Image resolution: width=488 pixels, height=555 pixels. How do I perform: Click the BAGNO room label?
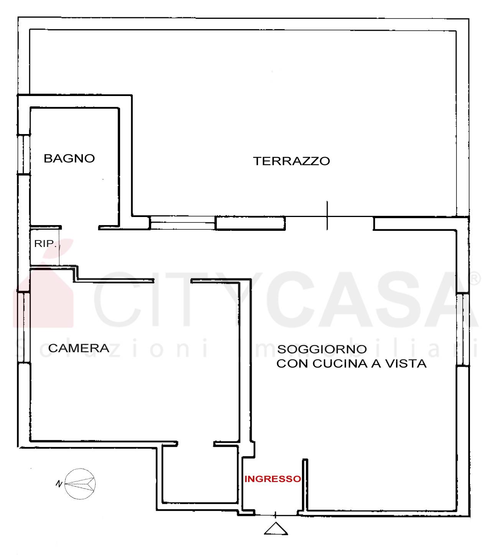point(69,158)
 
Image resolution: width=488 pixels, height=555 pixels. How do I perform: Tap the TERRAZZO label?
point(292,161)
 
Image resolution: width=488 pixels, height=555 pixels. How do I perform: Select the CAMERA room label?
point(79,348)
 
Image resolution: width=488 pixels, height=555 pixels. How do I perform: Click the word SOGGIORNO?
point(322,349)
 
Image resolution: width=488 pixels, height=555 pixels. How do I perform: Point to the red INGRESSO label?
point(273,479)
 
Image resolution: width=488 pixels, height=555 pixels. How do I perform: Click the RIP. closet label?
point(45,244)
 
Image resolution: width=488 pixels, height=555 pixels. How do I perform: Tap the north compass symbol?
point(80,484)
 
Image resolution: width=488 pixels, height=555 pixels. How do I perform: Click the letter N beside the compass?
point(59,484)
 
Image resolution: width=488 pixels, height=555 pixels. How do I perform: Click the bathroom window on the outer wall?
point(24,154)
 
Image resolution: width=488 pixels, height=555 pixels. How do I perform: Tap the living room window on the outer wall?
point(463,329)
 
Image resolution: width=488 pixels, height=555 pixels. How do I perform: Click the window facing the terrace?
point(182,222)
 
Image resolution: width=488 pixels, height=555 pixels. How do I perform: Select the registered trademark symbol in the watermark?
point(475,278)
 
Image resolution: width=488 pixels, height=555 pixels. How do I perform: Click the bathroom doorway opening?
point(80,227)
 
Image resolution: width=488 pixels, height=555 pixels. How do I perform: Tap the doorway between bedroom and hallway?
point(172,280)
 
